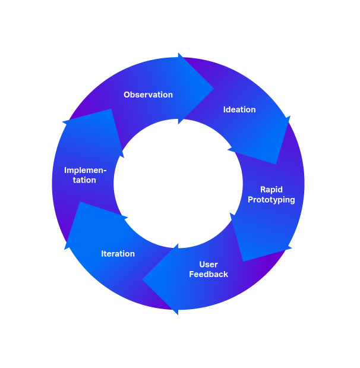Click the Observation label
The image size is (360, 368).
(148, 95)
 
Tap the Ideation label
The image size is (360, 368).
(239, 109)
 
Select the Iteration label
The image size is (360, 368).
(118, 254)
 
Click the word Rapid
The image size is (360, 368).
(271, 190)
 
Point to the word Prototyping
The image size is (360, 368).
(271, 200)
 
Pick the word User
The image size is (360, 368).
(209, 265)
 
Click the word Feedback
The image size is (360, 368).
(209, 274)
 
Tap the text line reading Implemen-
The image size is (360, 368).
(85, 171)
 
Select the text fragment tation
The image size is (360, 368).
(85, 180)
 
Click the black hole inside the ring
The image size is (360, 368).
(178, 183)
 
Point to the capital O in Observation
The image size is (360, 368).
(127, 95)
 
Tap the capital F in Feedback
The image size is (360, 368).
(192, 274)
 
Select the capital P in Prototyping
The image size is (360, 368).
(251, 200)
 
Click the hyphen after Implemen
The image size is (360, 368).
(105, 171)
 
